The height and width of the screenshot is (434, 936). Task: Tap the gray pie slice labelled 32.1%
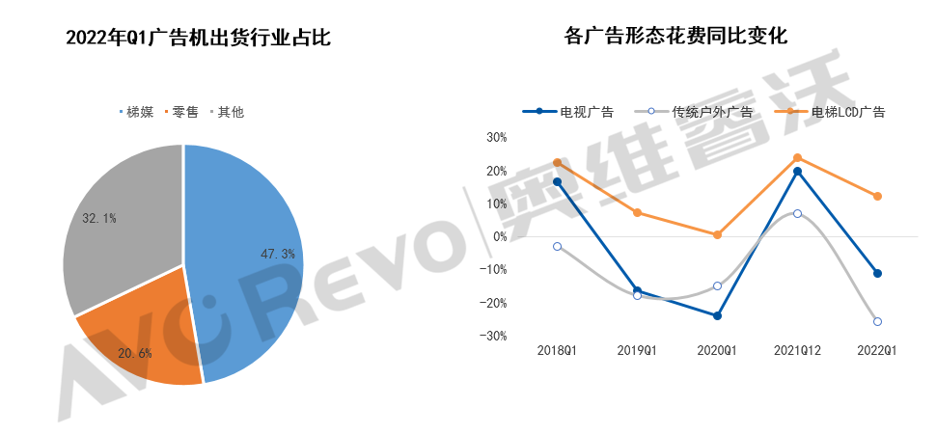116,222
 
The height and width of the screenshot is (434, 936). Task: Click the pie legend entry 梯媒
140,112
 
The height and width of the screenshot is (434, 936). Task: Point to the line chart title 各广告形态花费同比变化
675,37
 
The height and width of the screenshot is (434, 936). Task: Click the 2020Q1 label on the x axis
717,351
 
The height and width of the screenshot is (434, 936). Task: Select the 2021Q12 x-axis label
797,351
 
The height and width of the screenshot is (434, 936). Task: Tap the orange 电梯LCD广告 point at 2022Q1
877,197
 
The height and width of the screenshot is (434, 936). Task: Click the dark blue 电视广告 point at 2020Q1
717,315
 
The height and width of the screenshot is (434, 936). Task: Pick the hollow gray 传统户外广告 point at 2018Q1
557,247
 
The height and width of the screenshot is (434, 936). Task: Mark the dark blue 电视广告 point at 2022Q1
877,274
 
